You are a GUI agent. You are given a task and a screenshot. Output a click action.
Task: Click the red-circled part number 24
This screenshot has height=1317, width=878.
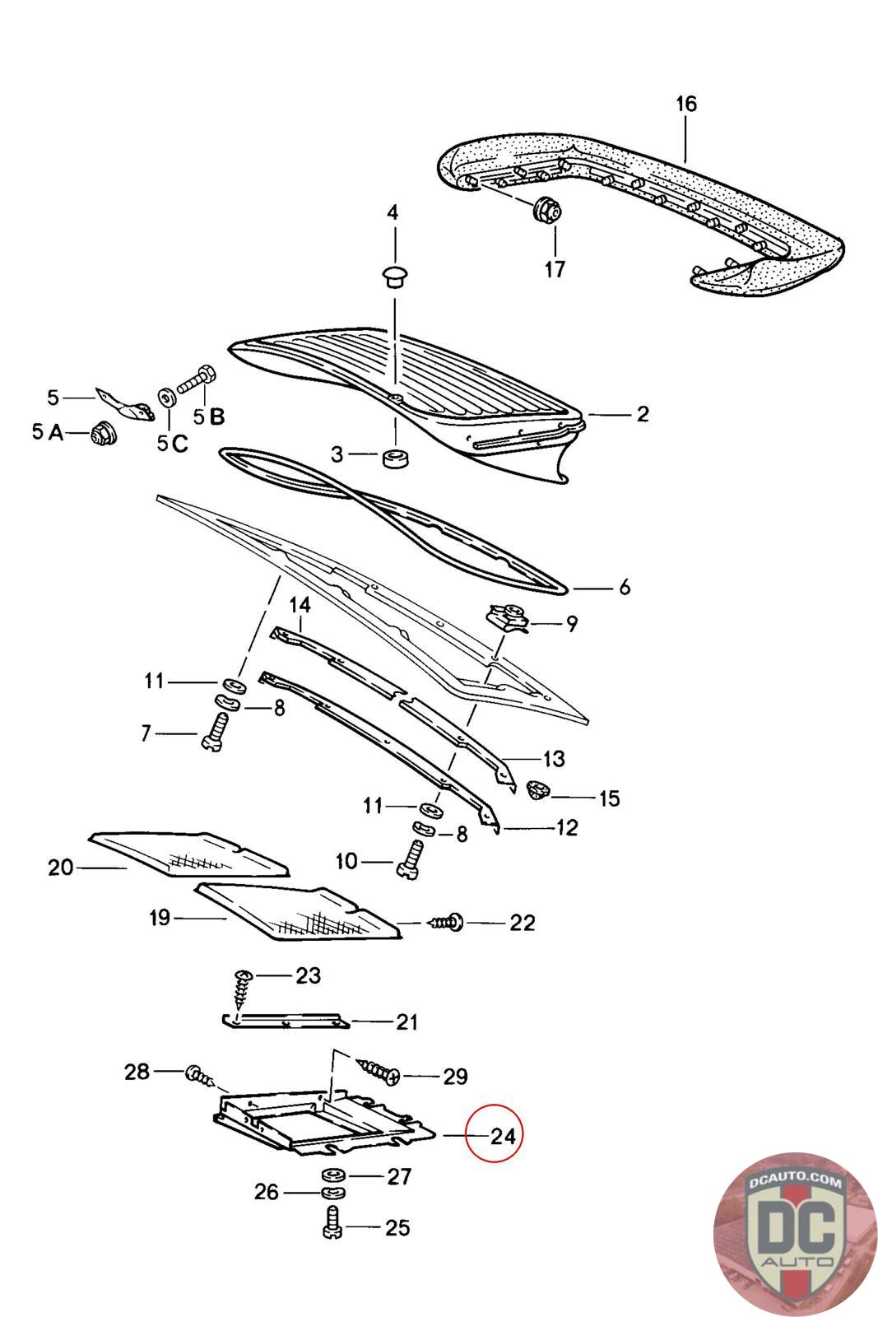[x=502, y=1136]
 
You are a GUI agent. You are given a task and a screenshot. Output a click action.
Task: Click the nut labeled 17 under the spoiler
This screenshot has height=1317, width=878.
[x=546, y=210]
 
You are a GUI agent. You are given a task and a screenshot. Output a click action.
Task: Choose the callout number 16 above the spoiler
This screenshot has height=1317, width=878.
[x=685, y=105]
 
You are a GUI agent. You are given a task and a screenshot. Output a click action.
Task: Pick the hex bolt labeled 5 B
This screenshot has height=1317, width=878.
[x=196, y=381]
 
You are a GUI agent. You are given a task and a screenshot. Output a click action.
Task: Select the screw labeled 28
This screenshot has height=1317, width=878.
[x=200, y=1075]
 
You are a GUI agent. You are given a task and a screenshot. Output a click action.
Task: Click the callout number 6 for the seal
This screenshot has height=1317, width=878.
[x=624, y=588]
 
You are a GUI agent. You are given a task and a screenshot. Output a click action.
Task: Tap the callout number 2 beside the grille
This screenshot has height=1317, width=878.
[x=643, y=414]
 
